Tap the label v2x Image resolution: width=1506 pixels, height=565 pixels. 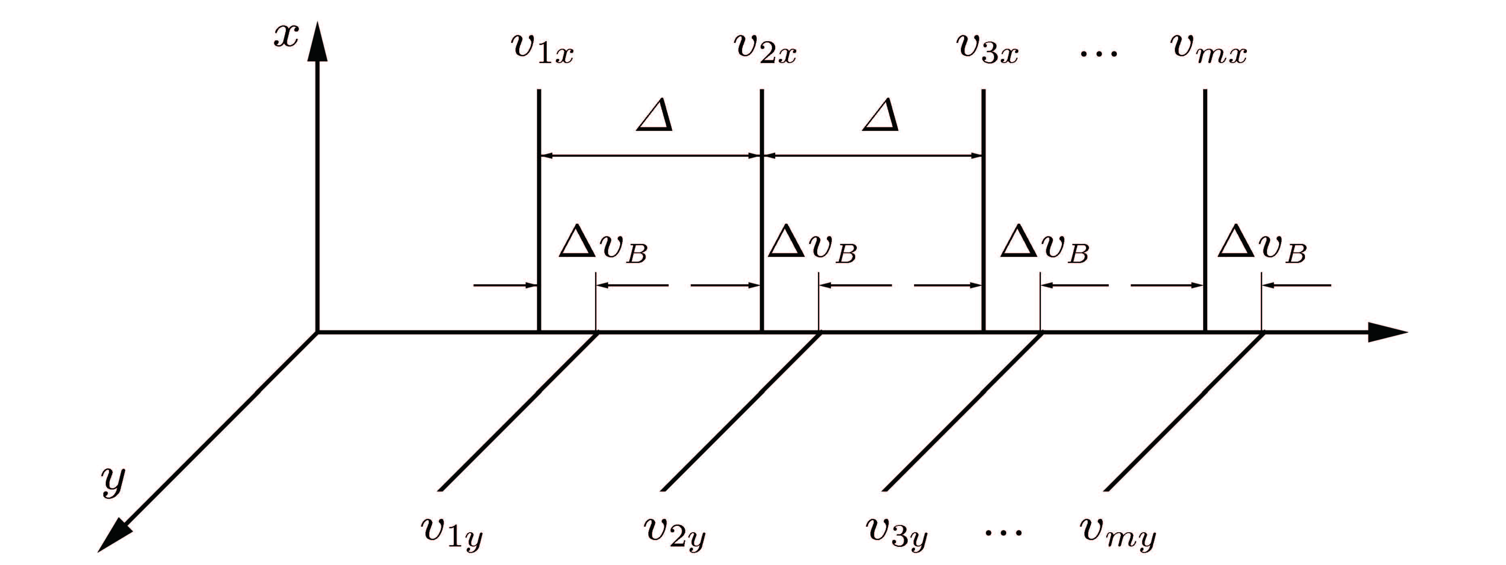coord(765,49)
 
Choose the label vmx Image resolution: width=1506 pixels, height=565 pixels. coord(1209,49)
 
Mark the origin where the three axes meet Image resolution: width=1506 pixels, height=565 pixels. coord(317,332)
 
